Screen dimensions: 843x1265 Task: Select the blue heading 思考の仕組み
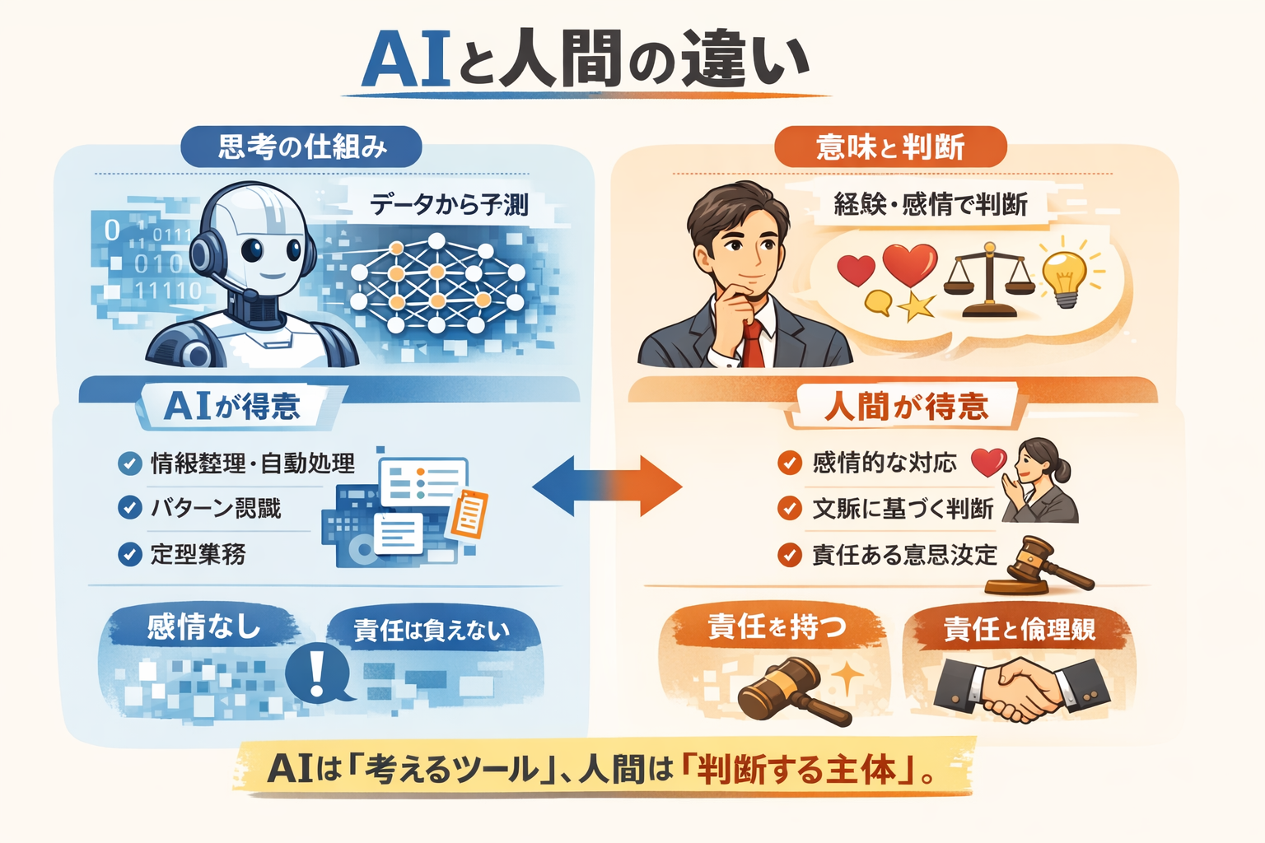click(301, 147)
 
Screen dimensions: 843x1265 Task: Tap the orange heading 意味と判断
click(890, 147)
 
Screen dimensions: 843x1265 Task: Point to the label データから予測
click(449, 204)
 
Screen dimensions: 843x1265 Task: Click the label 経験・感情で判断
click(930, 204)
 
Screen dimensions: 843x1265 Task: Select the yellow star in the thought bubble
click(916, 306)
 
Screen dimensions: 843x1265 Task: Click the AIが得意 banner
click(233, 406)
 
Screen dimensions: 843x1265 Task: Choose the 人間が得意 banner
click(906, 407)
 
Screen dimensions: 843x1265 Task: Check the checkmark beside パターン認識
click(130, 508)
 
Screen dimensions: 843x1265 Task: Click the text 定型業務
click(198, 554)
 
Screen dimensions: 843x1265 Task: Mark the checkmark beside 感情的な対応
click(790, 463)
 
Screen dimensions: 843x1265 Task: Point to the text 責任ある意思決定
click(904, 555)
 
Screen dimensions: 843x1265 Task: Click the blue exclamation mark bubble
click(317, 671)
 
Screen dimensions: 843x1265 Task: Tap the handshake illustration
click(1022, 689)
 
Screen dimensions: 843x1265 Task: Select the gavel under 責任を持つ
click(791, 691)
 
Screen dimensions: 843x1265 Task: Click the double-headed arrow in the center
click(608, 487)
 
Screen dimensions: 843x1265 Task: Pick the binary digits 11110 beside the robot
click(168, 291)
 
